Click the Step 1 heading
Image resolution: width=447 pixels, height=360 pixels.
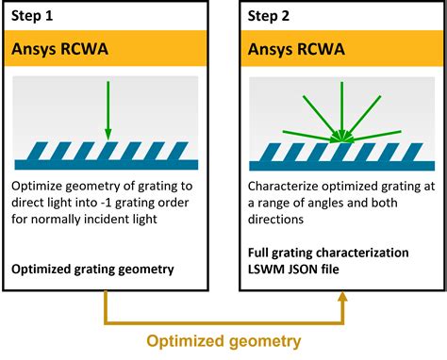point(36,16)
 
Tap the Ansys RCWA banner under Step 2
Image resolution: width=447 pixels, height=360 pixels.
point(292,48)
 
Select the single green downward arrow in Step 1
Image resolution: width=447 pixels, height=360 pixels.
point(108,108)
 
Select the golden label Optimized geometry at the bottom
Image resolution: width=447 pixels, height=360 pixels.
point(223,340)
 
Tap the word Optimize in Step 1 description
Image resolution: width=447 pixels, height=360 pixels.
point(38,185)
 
